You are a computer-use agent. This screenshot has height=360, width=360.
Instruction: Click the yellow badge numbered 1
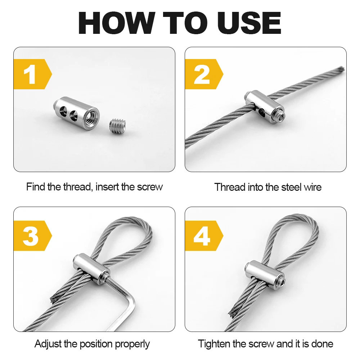(32, 74)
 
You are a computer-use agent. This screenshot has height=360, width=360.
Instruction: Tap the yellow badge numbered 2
(203, 74)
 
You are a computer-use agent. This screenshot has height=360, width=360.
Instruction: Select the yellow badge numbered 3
(32, 235)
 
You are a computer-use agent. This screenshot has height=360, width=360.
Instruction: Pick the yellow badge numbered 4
(203, 235)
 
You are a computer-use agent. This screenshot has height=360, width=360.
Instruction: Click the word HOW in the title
(117, 23)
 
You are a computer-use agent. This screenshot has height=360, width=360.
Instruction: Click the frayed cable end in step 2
(341, 69)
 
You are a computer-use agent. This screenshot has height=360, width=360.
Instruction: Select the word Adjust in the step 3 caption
(48, 344)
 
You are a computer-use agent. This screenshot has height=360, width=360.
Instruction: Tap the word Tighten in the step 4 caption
(214, 344)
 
